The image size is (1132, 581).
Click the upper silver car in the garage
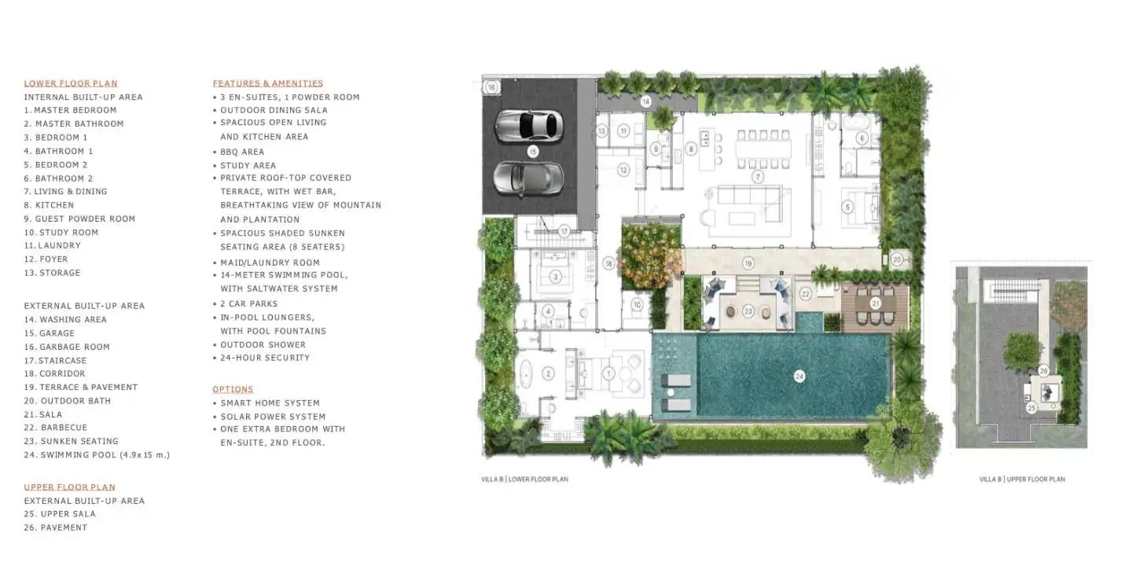tap(528, 125)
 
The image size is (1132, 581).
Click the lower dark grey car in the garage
tap(528, 178)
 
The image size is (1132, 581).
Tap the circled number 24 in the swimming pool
tap(799, 376)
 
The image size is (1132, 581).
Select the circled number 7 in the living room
tap(757, 177)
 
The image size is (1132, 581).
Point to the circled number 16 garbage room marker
tap(491, 87)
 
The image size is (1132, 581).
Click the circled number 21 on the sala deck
tap(875, 303)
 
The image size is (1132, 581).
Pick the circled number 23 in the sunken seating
tap(748, 311)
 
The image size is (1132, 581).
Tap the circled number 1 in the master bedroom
tap(608, 373)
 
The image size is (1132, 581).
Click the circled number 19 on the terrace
tap(748, 263)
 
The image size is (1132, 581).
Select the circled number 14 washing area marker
tap(645, 101)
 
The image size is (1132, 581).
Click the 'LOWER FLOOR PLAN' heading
tap(71, 83)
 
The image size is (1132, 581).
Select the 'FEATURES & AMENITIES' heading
tap(268, 83)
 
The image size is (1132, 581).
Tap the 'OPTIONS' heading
tap(233, 389)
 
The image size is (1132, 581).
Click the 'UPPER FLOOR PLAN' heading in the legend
tap(70, 487)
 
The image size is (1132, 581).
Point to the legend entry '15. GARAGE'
tap(50, 333)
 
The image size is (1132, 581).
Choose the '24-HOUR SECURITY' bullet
tap(265, 358)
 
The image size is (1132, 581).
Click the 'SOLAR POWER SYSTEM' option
tap(273, 417)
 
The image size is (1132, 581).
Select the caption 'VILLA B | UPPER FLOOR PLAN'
tap(1022, 479)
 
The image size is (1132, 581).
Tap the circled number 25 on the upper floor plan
tap(1031, 408)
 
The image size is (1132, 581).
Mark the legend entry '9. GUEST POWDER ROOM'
tap(80, 219)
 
